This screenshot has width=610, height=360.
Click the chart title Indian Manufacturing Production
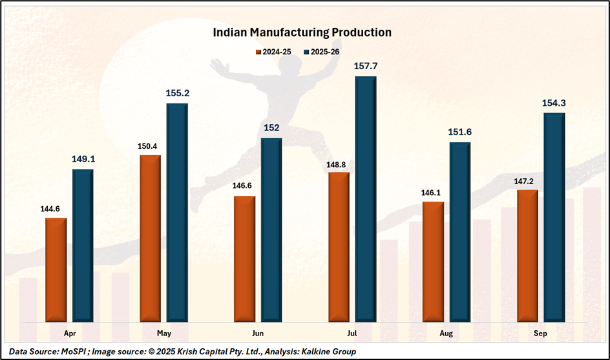[x=302, y=32]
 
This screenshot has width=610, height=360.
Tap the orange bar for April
[x=56, y=269]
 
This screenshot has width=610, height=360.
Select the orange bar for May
[x=150, y=237]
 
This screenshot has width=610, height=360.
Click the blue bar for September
[x=554, y=217]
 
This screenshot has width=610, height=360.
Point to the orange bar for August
[x=433, y=261]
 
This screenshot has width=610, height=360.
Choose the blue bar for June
[x=271, y=229]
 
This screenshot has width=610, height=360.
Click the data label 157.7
[x=365, y=66]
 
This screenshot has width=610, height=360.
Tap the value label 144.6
[x=54, y=208]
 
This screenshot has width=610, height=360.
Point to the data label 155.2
[x=177, y=93]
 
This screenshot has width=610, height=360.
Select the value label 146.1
[x=432, y=192]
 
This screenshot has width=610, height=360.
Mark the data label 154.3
[x=554, y=103]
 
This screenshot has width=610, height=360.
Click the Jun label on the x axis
[x=257, y=333]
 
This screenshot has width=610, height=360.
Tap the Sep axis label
[x=541, y=333]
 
